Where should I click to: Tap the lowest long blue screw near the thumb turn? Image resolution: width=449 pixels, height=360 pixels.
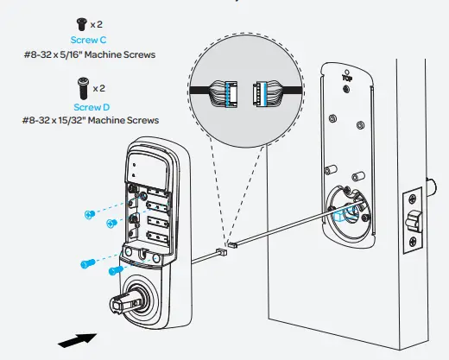114,271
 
